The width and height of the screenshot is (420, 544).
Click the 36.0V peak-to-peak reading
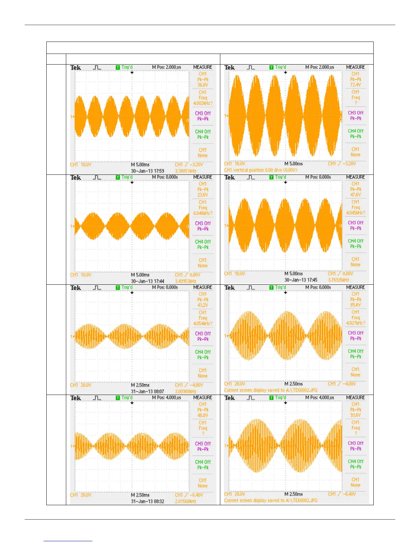(x=202, y=85)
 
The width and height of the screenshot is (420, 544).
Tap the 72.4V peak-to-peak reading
(x=355, y=85)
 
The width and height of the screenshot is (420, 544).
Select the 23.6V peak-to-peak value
(x=202, y=195)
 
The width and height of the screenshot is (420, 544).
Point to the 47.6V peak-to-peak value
(x=355, y=195)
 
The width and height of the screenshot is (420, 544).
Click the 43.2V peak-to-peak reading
(x=202, y=305)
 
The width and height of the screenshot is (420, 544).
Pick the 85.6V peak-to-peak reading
(x=355, y=305)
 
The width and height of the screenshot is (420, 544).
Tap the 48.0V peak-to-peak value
(x=202, y=416)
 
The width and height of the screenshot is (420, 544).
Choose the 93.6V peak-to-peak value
(x=355, y=415)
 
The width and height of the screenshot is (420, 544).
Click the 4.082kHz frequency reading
(x=203, y=103)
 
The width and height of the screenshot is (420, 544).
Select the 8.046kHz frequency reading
(x=203, y=213)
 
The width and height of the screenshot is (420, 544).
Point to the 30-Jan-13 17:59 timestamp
(x=148, y=171)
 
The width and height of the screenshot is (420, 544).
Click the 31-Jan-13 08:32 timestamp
(x=148, y=501)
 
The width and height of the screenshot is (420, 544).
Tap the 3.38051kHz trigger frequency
(x=185, y=171)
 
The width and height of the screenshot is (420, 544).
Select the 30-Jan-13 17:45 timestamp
(x=301, y=280)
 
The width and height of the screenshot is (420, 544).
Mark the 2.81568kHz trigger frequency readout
(x=185, y=501)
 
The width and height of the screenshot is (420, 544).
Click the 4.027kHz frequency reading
(x=355, y=323)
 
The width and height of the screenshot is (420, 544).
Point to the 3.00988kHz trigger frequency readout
(x=185, y=392)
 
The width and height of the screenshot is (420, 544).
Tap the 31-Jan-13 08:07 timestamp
(x=148, y=392)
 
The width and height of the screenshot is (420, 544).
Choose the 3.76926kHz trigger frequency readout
(x=338, y=280)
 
